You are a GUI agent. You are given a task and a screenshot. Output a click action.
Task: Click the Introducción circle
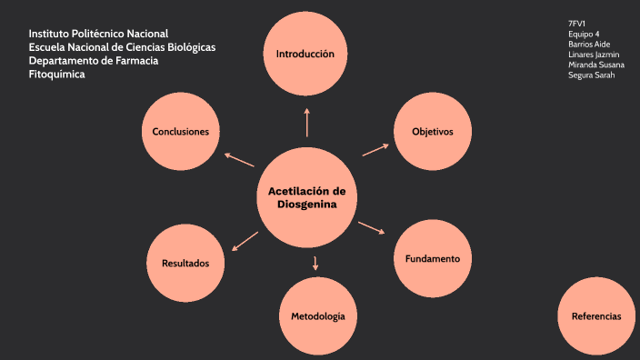(305, 54)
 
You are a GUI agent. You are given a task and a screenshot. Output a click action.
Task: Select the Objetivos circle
(433, 132)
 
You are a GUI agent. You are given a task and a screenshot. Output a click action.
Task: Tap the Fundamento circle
(433, 258)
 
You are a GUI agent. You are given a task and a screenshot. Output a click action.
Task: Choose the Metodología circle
(317, 316)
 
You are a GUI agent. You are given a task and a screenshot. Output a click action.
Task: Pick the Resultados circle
(185, 263)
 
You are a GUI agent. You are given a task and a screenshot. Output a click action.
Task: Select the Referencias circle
(596, 316)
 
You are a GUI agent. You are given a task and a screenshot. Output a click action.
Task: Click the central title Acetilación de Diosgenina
(307, 198)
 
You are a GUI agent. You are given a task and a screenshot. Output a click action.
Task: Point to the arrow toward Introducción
(307, 122)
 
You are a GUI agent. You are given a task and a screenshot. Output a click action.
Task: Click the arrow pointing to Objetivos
(375, 149)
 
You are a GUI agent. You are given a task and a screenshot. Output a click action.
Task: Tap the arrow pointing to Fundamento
(371, 227)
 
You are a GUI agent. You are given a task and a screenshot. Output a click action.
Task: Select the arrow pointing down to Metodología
(315, 264)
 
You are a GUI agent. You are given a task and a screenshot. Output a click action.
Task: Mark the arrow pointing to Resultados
(245, 241)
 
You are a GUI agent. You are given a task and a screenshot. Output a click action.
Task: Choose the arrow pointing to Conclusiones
(239, 159)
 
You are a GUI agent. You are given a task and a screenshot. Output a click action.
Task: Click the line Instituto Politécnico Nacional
(98, 34)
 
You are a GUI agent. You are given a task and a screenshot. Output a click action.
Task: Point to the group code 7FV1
(577, 24)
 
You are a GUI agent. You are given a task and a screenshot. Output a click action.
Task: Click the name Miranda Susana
(595, 65)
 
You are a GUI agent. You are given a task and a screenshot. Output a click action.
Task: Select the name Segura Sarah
(591, 75)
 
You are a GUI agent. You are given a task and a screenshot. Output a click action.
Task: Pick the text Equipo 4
(584, 34)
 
